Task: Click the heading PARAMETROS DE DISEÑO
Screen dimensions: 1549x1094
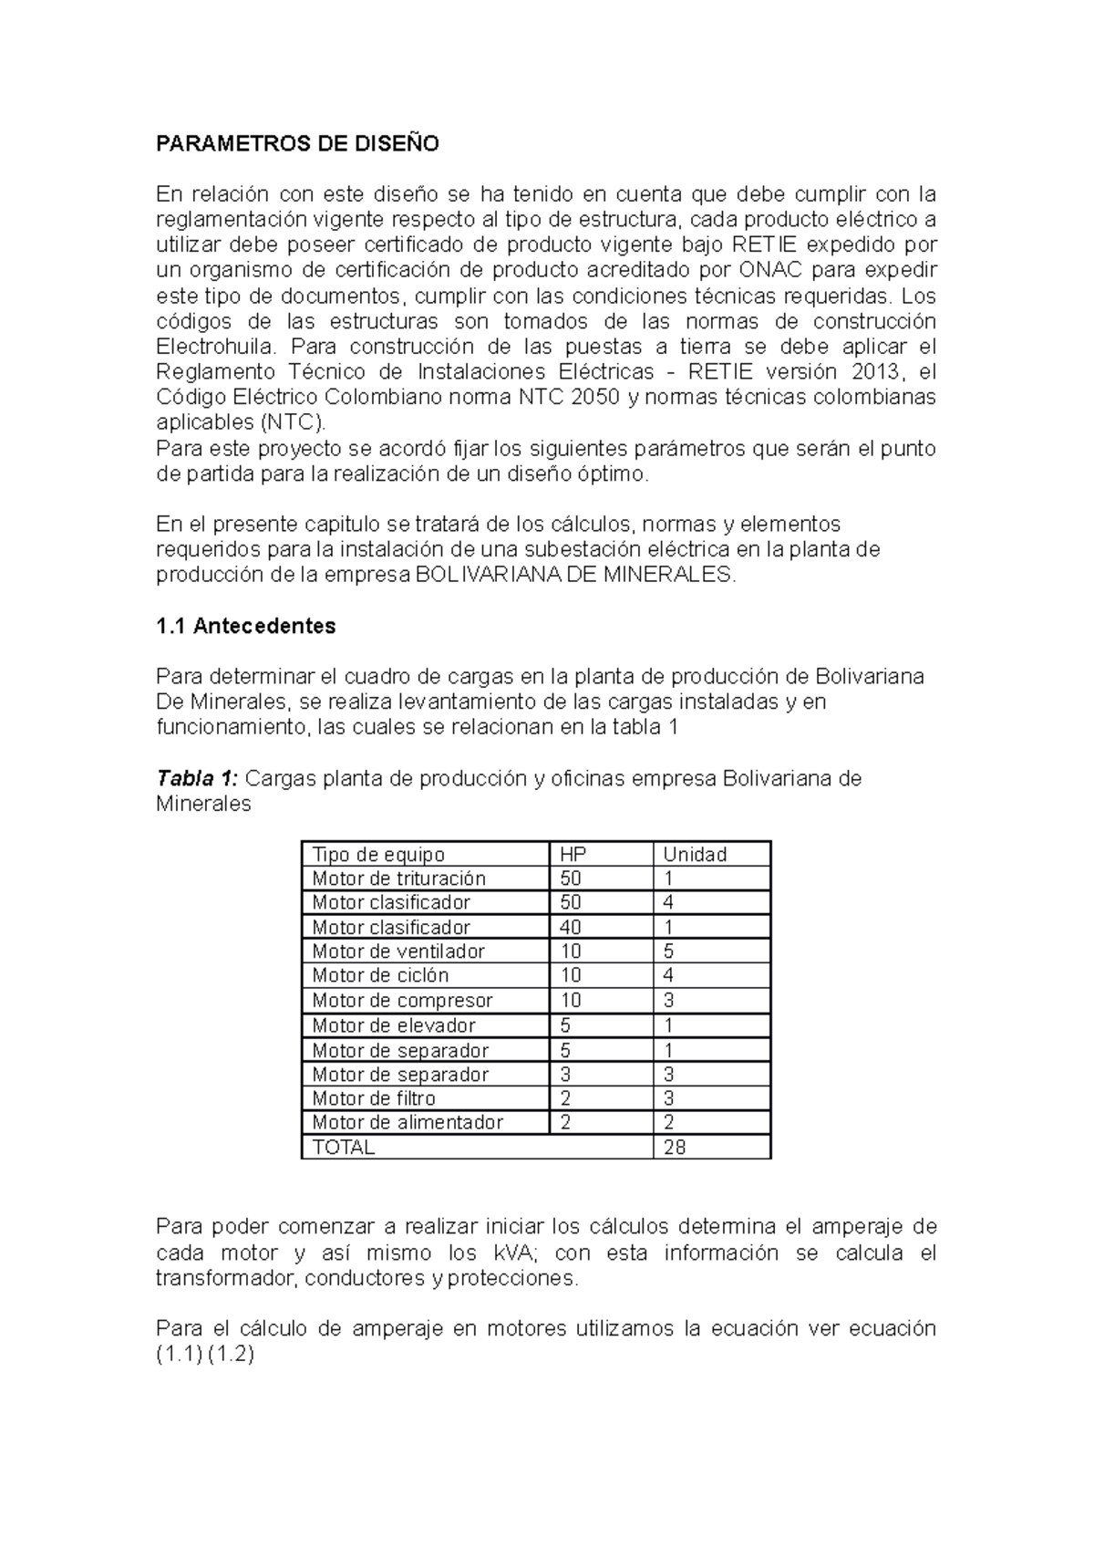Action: tap(297, 143)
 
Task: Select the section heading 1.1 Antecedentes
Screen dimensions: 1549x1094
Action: tap(245, 626)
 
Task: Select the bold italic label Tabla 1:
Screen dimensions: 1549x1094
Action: tap(197, 778)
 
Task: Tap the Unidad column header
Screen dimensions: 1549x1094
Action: tap(695, 855)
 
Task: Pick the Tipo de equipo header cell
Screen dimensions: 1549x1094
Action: tap(378, 855)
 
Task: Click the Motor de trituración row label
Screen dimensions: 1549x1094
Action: tap(398, 878)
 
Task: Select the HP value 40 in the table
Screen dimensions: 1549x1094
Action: tap(571, 927)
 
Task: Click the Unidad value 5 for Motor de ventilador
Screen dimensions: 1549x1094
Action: tap(669, 951)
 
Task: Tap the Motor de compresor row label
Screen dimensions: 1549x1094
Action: tap(402, 1000)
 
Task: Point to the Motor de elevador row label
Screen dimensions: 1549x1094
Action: tap(394, 1025)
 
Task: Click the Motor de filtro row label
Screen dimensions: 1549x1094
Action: tap(374, 1098)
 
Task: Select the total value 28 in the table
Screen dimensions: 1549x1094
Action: tap(675, 1148)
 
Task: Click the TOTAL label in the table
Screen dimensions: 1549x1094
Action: tap(344, 1148)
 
